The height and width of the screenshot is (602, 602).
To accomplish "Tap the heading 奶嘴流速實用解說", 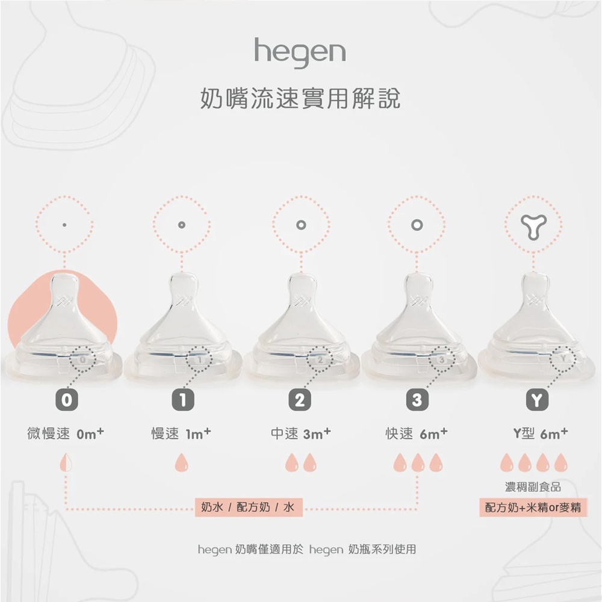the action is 300,98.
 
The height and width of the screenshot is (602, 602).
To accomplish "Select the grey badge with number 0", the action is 67,400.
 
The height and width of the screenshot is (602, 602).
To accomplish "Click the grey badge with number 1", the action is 183,400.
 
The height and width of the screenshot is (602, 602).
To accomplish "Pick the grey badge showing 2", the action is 300,400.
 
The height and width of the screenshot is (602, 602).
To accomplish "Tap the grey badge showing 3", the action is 417,400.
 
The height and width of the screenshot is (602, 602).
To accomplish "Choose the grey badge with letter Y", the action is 537,400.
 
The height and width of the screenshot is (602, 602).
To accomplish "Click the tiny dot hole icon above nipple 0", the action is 64,225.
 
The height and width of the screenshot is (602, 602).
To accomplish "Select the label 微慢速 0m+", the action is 66,433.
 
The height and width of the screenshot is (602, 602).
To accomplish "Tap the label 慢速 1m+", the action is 181,433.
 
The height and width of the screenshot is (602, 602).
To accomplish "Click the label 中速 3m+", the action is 300,433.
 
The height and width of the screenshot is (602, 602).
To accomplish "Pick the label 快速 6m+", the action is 417,433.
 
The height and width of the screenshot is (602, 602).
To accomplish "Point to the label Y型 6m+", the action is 541,433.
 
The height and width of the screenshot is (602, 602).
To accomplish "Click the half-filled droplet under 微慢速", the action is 66,462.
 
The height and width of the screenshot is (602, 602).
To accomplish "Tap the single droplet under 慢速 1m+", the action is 182,462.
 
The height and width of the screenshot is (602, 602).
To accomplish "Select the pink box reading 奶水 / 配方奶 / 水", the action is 249,507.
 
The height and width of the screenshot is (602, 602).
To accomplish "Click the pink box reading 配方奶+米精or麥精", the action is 533,507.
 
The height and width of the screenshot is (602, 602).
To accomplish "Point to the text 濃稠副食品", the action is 533,487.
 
